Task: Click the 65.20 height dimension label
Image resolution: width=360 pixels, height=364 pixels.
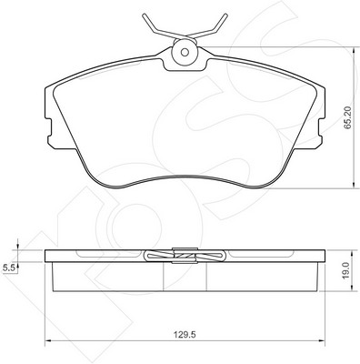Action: [x=348, y=117]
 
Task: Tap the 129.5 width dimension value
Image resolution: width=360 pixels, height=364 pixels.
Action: [x=185, y=335]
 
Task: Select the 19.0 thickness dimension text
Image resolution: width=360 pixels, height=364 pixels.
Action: [x=347, y=270]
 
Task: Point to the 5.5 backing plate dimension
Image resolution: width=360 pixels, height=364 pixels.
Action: [x=8, y=268]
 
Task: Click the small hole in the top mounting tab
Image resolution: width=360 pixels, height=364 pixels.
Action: [x=185, y=52]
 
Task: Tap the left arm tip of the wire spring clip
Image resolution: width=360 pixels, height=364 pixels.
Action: [x=145, y=15]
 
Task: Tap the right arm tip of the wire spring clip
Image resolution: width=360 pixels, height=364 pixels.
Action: [x=225, y=15]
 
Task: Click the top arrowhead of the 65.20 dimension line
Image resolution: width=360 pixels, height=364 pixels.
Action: [x=354, y=50]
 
